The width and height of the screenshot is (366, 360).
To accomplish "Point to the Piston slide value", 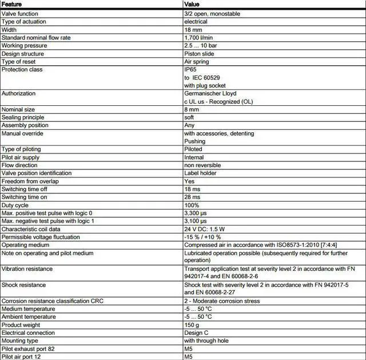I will [200, 53].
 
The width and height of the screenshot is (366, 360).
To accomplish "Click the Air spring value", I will [197, 61].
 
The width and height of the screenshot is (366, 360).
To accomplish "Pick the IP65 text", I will [191, 69].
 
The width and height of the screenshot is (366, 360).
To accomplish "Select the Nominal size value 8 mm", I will [192, 109].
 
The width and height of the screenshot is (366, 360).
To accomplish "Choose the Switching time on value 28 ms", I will [192, 197].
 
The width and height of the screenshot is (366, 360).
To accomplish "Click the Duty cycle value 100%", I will [192, 205].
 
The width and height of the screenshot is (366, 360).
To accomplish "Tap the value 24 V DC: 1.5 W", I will [205, 229].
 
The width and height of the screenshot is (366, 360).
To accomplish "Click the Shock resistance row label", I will [24, 284].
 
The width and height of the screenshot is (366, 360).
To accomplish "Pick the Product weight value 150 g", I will [192, 325].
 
